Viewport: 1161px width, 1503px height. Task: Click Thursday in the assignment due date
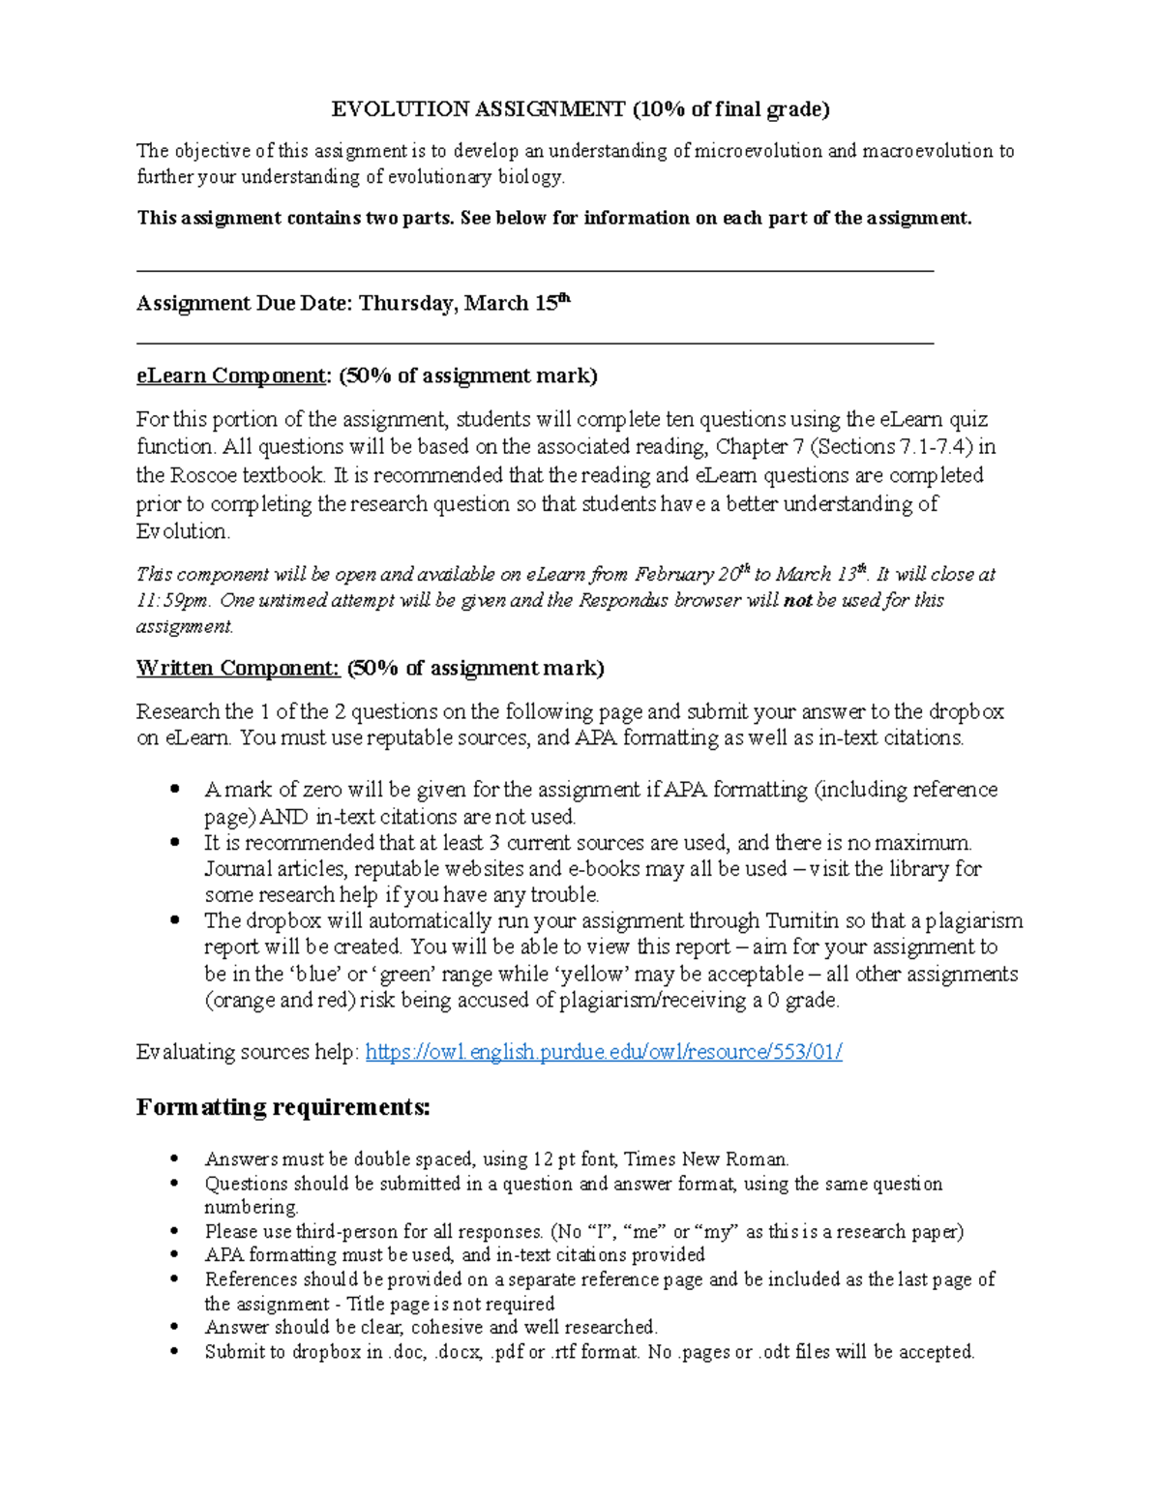(406, 304)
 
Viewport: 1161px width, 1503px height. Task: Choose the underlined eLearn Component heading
(232, 376)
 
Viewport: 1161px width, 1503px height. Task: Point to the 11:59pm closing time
(172, 600)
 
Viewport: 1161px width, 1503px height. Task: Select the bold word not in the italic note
(797, 600)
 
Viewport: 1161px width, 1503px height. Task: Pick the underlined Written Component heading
(237, 668)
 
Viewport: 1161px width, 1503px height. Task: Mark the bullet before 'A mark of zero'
(175, 790)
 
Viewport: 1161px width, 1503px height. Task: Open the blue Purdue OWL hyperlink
(604, 1052)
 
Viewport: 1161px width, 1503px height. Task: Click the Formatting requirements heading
(283, 1107)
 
